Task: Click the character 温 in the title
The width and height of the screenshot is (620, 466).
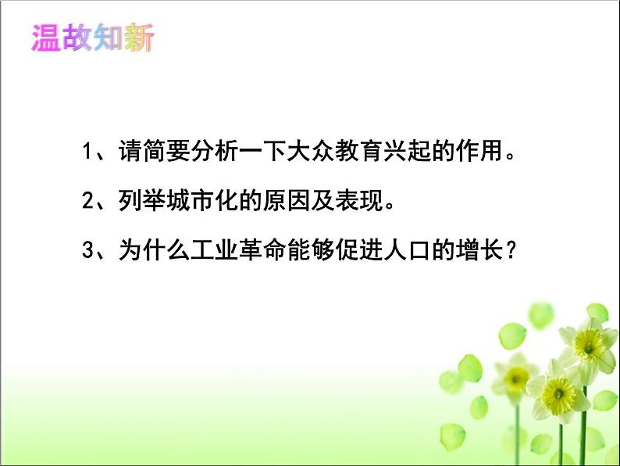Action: click(x=46, y=38)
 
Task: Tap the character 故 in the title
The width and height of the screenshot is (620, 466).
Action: click(x=77, y=38)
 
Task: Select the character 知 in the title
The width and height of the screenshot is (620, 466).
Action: click(x=107, y=38)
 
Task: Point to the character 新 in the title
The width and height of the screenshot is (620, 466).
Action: click(x=138, y=38)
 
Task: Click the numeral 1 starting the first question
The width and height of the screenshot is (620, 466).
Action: click(x=87, y=151)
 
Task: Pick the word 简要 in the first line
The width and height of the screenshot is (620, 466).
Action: click(x=170, y=151)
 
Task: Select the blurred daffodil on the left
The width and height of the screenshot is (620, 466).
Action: click(x=513, y=376)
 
